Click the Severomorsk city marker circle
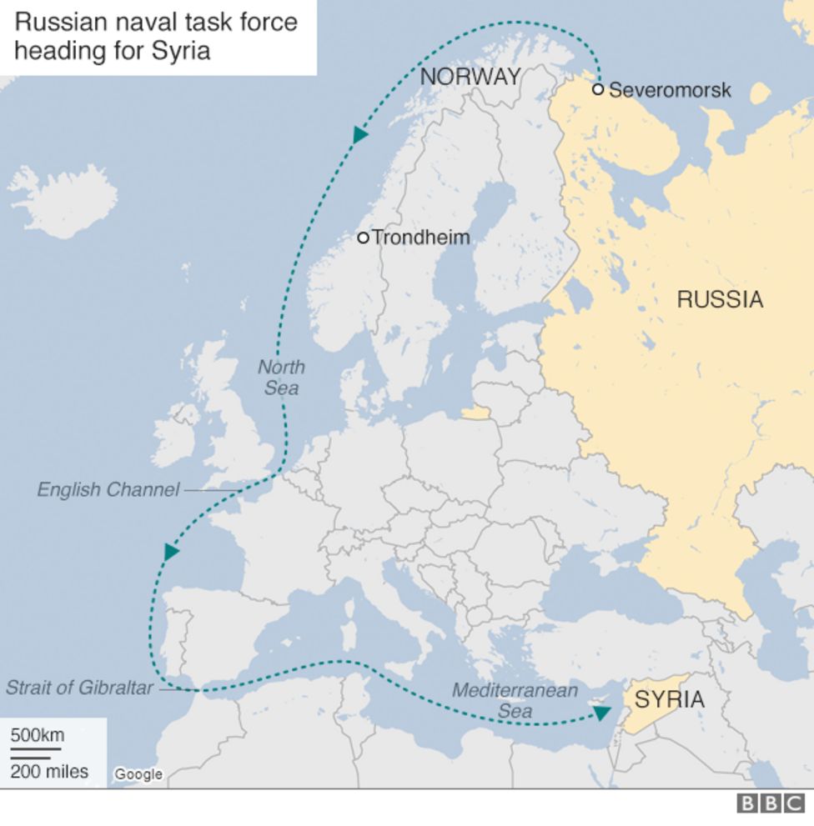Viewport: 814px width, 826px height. (x=598, y=89)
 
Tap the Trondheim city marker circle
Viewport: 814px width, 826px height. (x=363, y=238)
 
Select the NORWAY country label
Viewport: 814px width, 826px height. (x=470, y=77)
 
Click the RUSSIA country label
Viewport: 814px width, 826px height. (x=720, y=299)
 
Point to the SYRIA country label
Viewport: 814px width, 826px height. (x=669, y=700)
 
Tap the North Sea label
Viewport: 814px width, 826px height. (x=281, y=378)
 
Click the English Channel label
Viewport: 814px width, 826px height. (x=108, y=490)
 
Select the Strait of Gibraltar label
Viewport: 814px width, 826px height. (x=80, y=688)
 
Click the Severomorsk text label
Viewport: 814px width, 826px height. (x=670, y=90)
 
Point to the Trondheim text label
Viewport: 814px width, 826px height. (x=420, y=238)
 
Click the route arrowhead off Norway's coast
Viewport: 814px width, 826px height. (x=360, y=134)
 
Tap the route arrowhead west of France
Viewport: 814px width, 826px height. (x=171, y=551)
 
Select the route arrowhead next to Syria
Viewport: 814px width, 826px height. (x=601, y=713)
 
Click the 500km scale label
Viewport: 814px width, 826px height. (x=37, y=735)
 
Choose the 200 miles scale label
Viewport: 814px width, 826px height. (x=49, y=772)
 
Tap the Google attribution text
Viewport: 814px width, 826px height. (x=138, y=774)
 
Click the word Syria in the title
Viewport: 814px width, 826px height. (x=181, y=50)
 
